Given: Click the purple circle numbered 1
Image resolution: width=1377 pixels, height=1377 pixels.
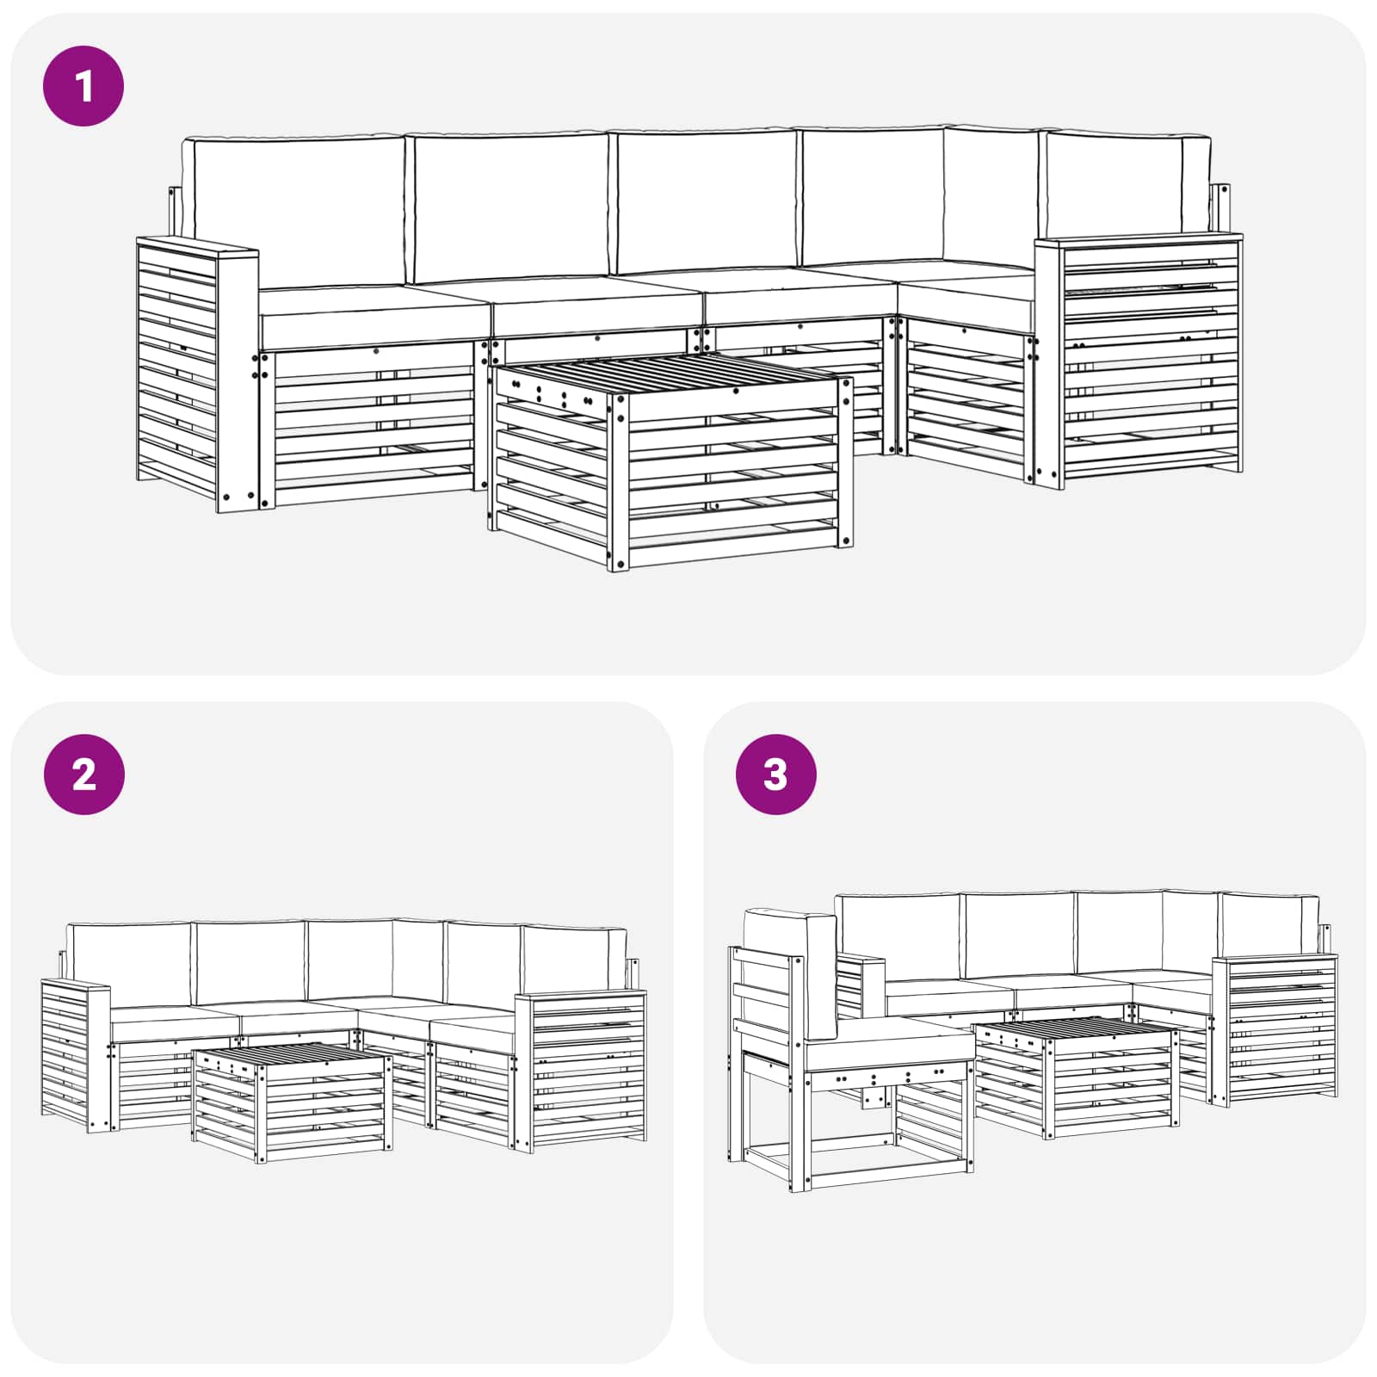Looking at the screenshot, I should pyautogui.click(x=83, y=86).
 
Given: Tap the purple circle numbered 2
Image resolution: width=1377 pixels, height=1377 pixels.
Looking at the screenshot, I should pyautogui.click(x=83, y=775).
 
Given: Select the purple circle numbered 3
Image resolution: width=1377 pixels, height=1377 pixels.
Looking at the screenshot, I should pyautogui.click(x=775, y=775).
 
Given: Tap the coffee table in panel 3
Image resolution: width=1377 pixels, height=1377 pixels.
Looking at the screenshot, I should pyautogui.click(x=1076, y=1076).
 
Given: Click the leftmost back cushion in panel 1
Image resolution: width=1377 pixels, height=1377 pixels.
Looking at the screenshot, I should pyautogui.click(x=297, y=211).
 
